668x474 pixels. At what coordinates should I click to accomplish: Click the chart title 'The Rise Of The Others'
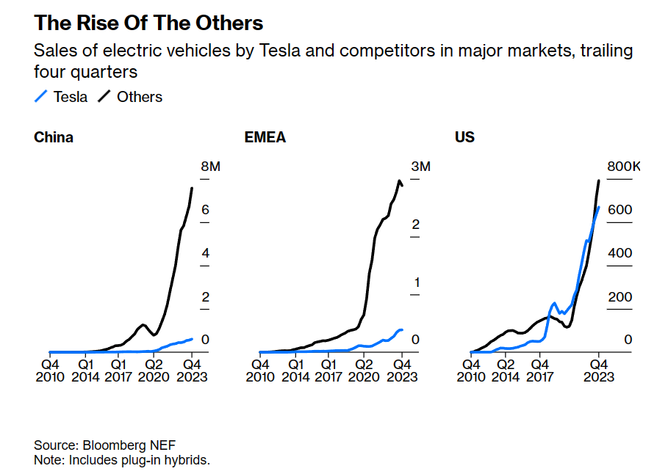tap(148, 23)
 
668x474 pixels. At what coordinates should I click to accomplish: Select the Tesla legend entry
tap(62, 97)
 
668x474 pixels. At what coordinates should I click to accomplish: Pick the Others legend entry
tap(131, 97)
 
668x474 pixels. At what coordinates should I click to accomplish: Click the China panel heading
tap(54, 137)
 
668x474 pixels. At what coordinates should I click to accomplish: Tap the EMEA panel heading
tap(265, 137)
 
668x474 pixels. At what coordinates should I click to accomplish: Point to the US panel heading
tap(464, 137)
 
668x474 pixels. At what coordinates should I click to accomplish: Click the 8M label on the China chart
tap(210, 167)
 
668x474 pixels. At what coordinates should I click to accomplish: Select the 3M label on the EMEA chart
tap(420, 167)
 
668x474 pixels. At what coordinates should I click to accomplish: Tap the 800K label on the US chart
tap(623, 167)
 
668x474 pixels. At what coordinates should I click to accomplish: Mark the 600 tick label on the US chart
tap(619, 211)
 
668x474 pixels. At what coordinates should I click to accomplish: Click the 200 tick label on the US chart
tap(619, 297)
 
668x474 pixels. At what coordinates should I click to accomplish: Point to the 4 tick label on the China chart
tap(206, 254)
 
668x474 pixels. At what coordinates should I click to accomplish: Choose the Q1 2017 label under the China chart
tap(118, 370)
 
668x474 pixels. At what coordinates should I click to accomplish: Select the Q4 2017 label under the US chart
tap(539, 370)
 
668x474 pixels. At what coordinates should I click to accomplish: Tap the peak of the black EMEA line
tap(399, 181)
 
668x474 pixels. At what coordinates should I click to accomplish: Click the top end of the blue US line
tap(599, 207)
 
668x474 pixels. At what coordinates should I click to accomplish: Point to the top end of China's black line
tap(192, 189)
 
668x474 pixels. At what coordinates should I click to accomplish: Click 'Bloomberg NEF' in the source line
tap(129, 445)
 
